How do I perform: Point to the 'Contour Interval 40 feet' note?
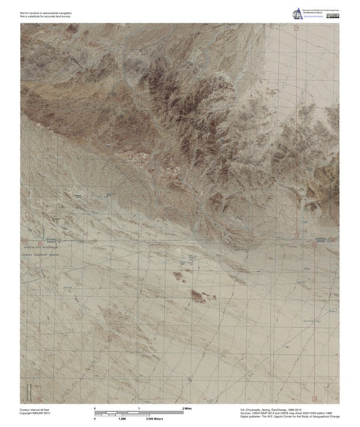pos(35,409)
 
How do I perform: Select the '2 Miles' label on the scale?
pos(188,407)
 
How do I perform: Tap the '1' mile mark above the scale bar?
pos(139,407)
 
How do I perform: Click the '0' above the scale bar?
pos(94,407)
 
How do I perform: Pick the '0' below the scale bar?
pos(94,418)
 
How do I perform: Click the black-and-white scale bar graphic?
pos(139,412)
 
